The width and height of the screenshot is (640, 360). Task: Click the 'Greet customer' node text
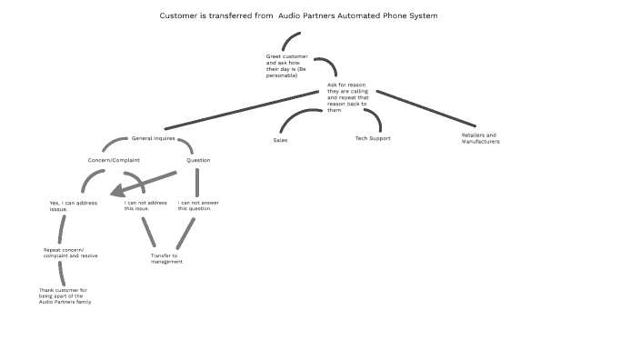(x=287, y=65)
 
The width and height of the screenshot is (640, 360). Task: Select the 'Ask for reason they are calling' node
(x=348, y=97)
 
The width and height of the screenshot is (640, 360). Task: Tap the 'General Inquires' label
(x=153, y=138)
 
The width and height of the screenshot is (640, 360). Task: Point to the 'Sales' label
(x=280, y=140)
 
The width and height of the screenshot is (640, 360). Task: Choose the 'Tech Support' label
(x=372, y=139)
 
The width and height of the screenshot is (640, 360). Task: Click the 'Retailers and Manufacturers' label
(x=481, y=138)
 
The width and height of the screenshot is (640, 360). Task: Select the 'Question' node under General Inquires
(x=198, y=160)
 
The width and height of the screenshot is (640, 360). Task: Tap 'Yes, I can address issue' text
(x=73, y=205)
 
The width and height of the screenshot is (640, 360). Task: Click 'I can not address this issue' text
(x=143, y=205)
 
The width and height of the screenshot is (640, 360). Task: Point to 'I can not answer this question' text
(x=195, y=205)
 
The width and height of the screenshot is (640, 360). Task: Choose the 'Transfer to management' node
(x=166, y=259)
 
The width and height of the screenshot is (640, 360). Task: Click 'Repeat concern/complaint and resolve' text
(x=70, y=253)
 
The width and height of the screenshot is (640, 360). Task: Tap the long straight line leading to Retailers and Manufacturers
(x=425, y=108)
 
